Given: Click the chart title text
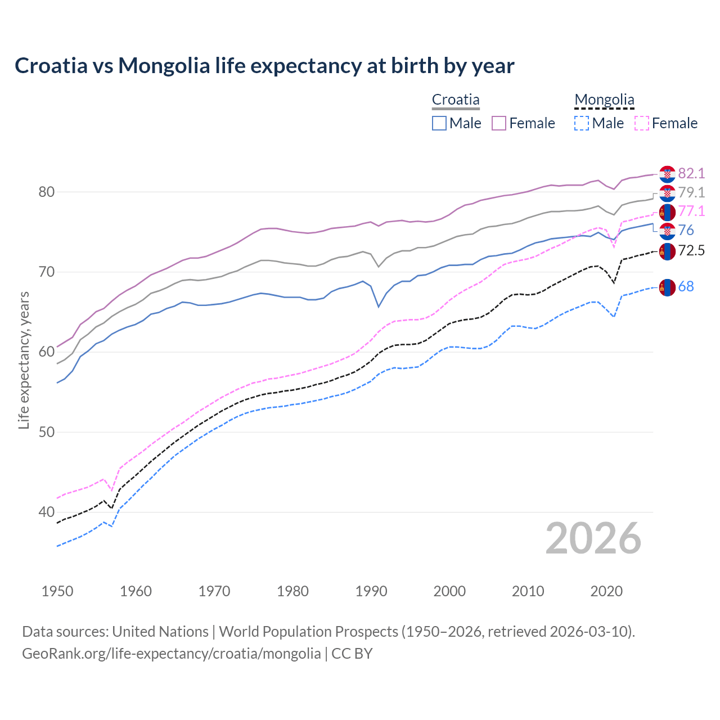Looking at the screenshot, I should [x=264, y=66].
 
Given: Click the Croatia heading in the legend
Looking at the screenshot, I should [x=456, y=100].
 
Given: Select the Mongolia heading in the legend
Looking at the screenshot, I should [x=604, y=100].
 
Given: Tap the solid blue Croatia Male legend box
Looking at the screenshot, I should [x=439, y=123].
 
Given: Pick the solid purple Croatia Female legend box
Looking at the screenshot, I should [x=499, y=123].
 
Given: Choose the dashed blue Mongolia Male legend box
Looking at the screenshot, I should [x=582, y=123].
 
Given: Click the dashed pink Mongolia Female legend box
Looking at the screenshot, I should [x=642, y=123].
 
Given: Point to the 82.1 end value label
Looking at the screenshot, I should [x=691, y=173].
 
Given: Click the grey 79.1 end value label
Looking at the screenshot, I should [x=691, y=192].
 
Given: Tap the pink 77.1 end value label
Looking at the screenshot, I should [x=691, y=211].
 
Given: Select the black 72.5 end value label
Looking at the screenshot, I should [x=691, y=250].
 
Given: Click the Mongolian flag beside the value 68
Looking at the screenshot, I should [x=667, y=287].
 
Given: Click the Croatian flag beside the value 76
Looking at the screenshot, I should [x=667, y=231].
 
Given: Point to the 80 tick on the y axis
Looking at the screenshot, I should [x=46, y=192].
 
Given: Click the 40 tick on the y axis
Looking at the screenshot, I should [x=46, y=512].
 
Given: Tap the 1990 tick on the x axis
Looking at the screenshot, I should [x=371, y=591].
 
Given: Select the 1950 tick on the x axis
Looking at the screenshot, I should [x=57, y=591].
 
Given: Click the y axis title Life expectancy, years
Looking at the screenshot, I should [x=24, y=360].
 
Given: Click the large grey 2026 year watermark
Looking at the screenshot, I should [x=593, y=539].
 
